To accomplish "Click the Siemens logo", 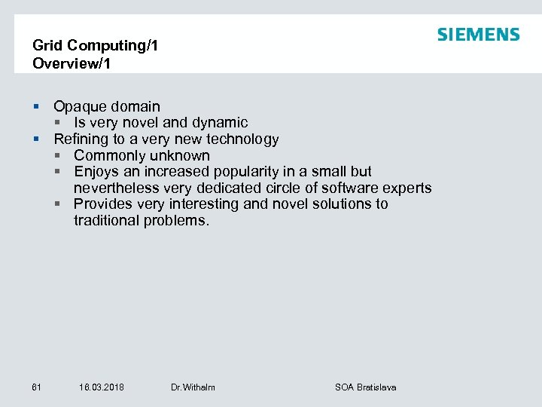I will pyautogui.click(x=478, y=35).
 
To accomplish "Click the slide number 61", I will pyautogui.click(x=36, y=387).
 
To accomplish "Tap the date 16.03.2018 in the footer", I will pyautogui.click(x=102, y=387).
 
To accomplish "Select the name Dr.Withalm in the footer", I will pyautogui.click(x=193, y=387).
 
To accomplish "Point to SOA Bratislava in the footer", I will pyautogui.click(x=365, y=387).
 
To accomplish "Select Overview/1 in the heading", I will pyautogui.click(x=72, y=64).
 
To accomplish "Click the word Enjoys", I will pyautogui.click(x=96, y=172).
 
